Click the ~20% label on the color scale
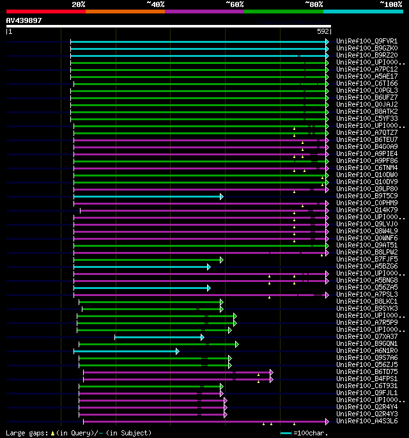[x=78, y=4]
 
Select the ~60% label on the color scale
[x=235, y=4]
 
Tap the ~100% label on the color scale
[x=390, y=4]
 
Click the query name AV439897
[x=24, y=20]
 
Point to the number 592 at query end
[x=323, y=31]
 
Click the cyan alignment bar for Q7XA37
[x=158, y=337]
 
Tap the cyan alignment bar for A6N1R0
[x=125, y=351]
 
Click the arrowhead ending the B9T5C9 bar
[x=222, y=196]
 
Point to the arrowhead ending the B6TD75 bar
[x=272, y=372]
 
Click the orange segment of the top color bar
[x=125, y=11]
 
